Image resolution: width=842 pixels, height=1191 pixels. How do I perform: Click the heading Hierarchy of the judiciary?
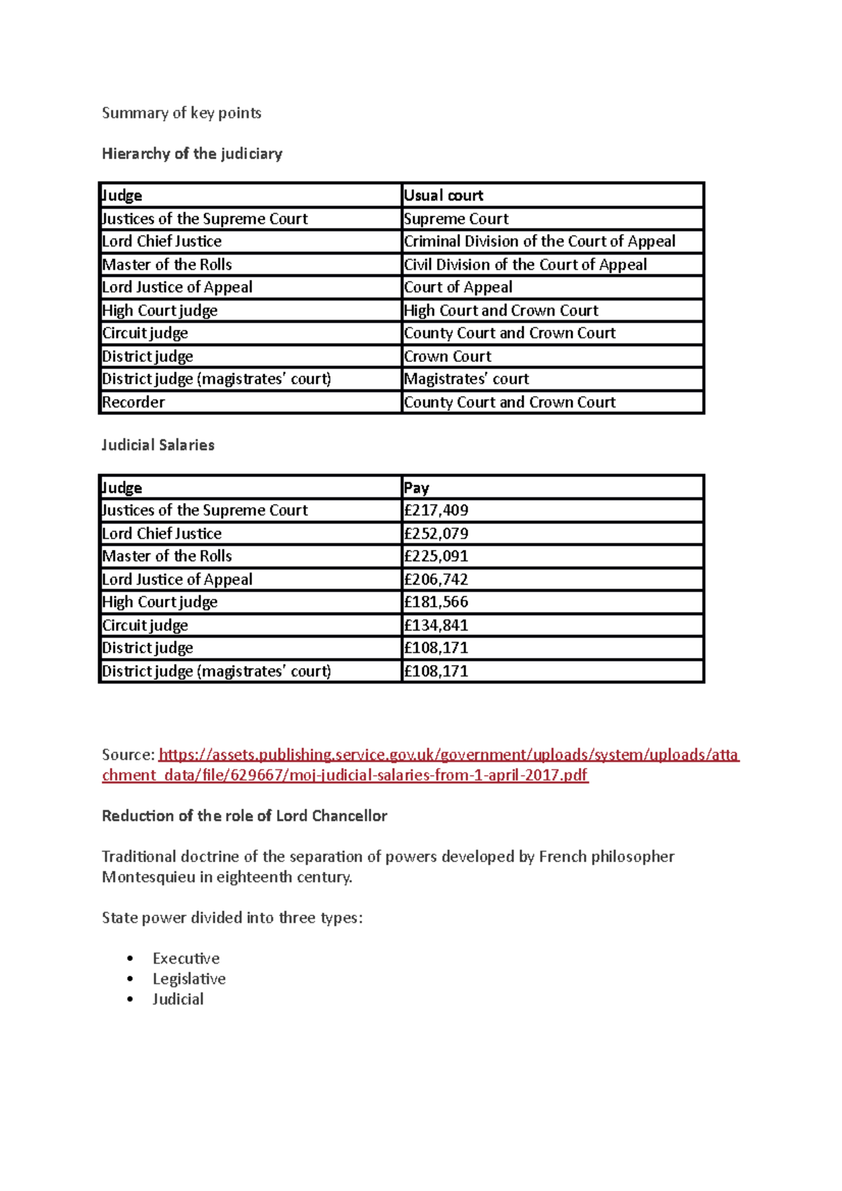(x=192, y=154)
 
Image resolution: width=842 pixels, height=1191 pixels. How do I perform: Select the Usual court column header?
(x=443, y=195)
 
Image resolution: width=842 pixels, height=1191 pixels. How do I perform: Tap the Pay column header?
(x=416, y=487)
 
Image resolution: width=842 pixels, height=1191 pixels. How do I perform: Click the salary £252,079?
(x=436, y=534)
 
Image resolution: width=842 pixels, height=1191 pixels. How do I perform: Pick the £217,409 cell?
(x=436, y=511)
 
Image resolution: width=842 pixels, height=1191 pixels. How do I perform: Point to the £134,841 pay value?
(x=436, y=626)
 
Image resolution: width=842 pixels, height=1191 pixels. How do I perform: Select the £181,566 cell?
(x=436, y=602)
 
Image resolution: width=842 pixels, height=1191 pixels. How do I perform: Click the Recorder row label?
(x=133, y=403)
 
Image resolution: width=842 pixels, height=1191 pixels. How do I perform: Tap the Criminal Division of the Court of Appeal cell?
(x=539, y=241)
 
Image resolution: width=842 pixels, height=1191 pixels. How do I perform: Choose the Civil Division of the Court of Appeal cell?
(x=525, y=264)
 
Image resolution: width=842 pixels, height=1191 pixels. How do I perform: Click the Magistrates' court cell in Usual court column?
(x=466, y=379)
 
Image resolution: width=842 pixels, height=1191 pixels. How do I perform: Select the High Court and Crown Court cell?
(x=501, y=311)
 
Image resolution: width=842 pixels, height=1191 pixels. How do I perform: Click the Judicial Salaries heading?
(x=158, y=445)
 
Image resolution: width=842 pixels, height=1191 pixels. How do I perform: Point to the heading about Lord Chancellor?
(x=244, y=816)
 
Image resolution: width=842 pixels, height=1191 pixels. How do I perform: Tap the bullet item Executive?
(x=186, y=958)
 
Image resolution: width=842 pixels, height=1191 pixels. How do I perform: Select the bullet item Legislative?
(x=189, y=978)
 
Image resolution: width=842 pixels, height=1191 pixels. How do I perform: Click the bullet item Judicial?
(x=178, y=999)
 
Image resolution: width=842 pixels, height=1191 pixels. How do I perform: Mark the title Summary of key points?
(x=181, y=113)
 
